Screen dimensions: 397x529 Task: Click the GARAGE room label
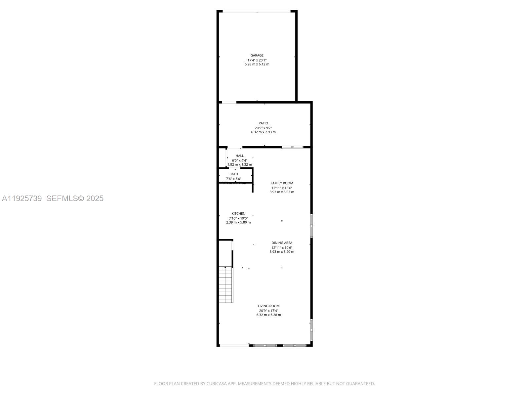(x=257, y=55)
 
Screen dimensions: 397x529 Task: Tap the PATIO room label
(x=263, y=123)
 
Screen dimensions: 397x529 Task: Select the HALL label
(x=239, y=156)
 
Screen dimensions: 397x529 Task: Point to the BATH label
(x=233, y=174)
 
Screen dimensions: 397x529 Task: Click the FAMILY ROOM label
(x=282, y=183)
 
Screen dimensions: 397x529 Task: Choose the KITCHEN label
(x=238, y=214)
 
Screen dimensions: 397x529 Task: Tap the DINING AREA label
(x=282, y=243)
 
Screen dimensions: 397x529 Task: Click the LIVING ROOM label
(x=268, y=306)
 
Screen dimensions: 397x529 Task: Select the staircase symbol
(x=226, y=285)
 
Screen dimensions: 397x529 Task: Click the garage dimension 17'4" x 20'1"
(x=257, y=60)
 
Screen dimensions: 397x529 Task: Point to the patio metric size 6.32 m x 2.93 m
(x=263, y=132)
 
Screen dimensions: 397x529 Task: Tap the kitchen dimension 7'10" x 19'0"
(x=238, y=218)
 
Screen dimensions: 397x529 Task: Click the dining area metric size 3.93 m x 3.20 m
(x=282, y=252)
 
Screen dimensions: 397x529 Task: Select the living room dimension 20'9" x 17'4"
(x=268, y=311)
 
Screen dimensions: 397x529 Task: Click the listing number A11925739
(x=22, y=198)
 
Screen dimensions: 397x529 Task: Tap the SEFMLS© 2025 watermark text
(x=75, y=198)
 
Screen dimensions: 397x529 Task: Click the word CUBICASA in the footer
(x=216, y=384)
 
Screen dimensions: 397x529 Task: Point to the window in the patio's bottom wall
(x=292, y=147)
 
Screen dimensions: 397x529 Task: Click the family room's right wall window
(x=311, y=226)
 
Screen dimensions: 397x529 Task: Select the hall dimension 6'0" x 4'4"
(x=239, y=160)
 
